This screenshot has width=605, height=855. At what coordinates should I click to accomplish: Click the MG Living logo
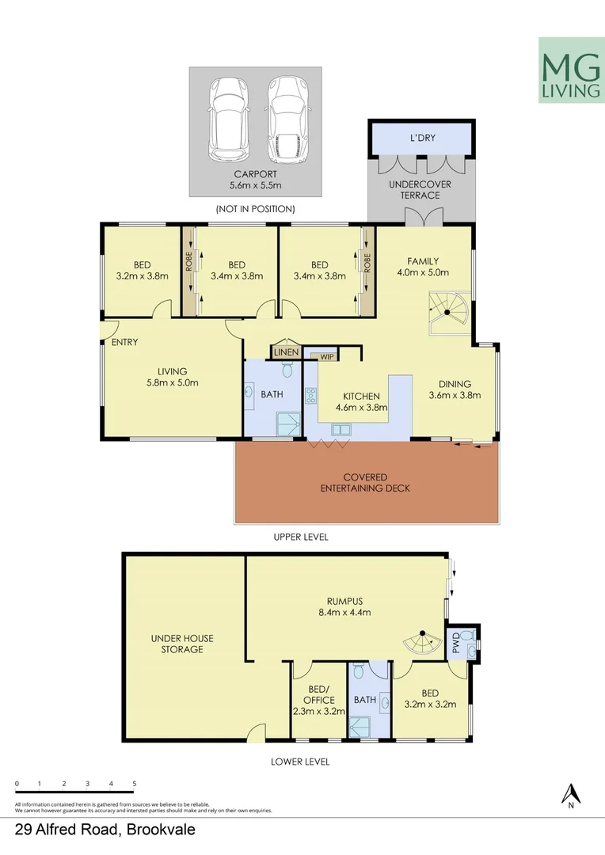click(569, 70)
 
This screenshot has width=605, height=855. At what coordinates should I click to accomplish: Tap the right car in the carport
click(286, 119)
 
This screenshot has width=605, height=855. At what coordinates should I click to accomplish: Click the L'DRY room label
click(422, 139)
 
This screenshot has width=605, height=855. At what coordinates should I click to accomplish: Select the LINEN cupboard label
click(287, 352)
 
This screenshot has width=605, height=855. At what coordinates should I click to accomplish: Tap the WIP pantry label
click(325, 357)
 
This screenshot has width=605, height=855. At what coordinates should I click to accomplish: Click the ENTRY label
click(124, 343)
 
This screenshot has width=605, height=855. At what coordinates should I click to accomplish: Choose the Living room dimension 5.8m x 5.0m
click(172, 382)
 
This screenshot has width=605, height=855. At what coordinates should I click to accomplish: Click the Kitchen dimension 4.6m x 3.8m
click(360, 408)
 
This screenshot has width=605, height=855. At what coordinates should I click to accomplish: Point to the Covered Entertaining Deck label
click(365, 483)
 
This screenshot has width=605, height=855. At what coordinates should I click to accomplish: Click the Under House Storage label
click(183, 644)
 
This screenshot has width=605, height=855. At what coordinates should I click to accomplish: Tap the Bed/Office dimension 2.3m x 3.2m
click(318, 711)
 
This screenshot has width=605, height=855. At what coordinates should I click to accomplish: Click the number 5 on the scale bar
click(135, 783)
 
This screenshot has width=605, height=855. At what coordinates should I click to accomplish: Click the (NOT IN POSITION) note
click(255, 209)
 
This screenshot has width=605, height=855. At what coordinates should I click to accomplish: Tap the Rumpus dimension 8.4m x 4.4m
click(343, 612)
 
